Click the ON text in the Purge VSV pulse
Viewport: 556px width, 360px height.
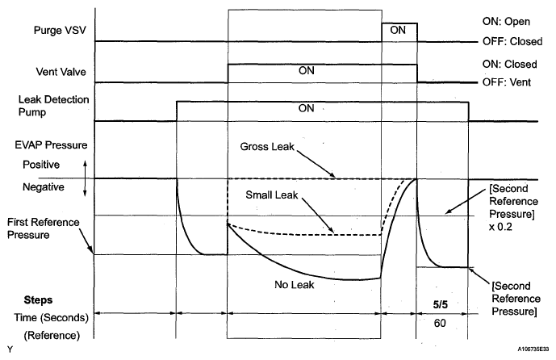click(398, 30)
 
